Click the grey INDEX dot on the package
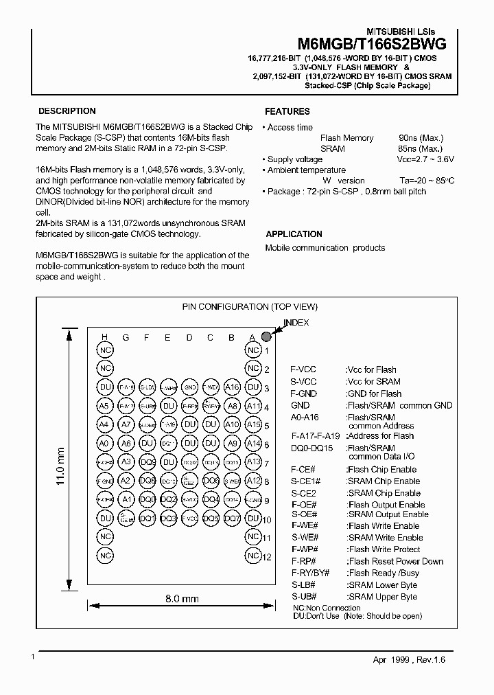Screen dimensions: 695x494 pyautogui.click(x=266, y=336)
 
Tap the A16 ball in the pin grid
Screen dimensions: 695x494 pyautogui.click(x=232, y=388)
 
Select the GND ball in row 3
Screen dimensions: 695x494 pyautogui.click(x=189, y=388)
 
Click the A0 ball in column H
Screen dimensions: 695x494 pyautogui.click(x=104, y=444)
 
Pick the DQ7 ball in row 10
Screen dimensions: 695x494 pyautogui.click(x=232, y=518)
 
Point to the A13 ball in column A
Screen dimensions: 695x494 pyautogui.click(x=253, y=462)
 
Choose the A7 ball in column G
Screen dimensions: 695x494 pyautogui.click(x=126, y=425)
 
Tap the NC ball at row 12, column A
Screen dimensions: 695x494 pyautogui.click(x=253, y=555)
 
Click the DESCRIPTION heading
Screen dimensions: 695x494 pyautogui.click(x=67, y=111)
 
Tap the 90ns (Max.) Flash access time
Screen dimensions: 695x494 pyautogui.click(x=421, y=138)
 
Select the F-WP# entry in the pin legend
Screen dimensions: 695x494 pyautogui.click(x=304, y=549)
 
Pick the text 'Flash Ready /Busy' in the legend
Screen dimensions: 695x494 pyautogui.click(x=384, y=573)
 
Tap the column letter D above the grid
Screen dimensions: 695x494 pyautogui.click(x=189, y=337)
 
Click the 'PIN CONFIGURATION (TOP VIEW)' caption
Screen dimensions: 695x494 pyautogui.click(x=249, y=307)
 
